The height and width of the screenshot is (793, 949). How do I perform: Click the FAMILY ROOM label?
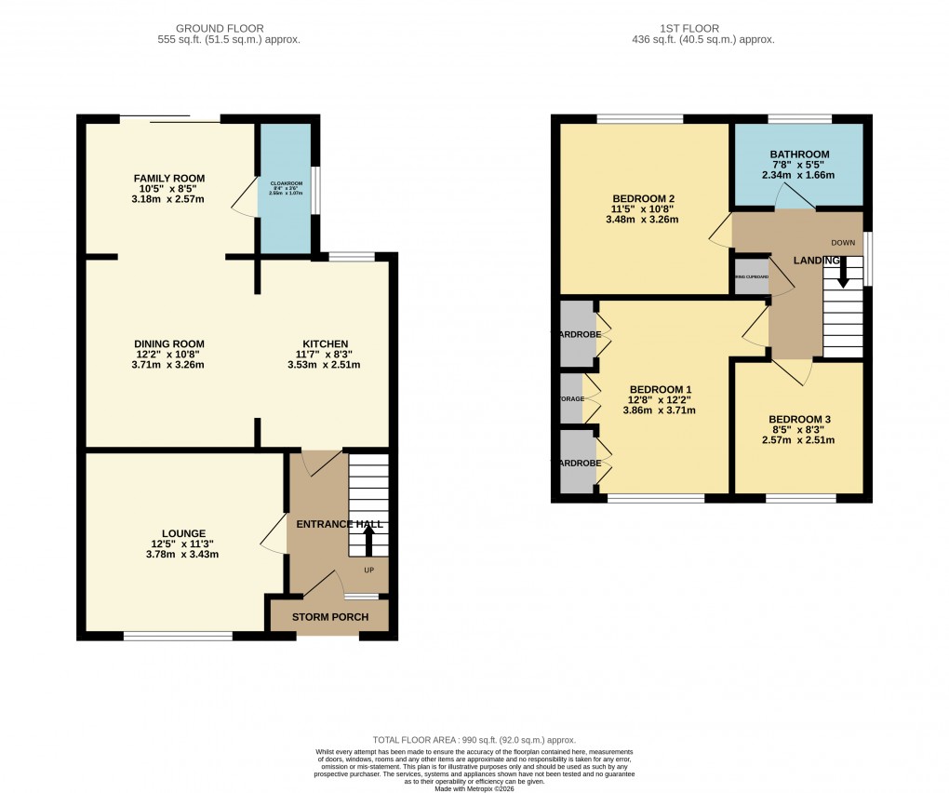(x=168, y=179)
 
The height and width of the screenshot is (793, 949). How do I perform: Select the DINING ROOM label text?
(x=168, y=343)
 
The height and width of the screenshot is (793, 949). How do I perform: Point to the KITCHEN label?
(x=325, y=343)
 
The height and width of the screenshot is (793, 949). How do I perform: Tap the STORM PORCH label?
(x=330, y=617)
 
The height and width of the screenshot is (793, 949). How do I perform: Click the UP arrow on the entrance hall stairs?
(x=368, y=542)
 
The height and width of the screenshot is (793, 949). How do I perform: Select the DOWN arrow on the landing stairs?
(x=843, y=273)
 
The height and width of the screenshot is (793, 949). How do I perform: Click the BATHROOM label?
(x=799, y=155)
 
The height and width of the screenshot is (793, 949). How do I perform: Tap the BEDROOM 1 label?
(x=661, y=389)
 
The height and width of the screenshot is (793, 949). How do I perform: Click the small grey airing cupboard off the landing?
(x=752, y=277)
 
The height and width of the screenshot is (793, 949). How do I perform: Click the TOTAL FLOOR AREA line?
(x=474, y=738)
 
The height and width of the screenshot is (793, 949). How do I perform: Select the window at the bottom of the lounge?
(x=178, y=637)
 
